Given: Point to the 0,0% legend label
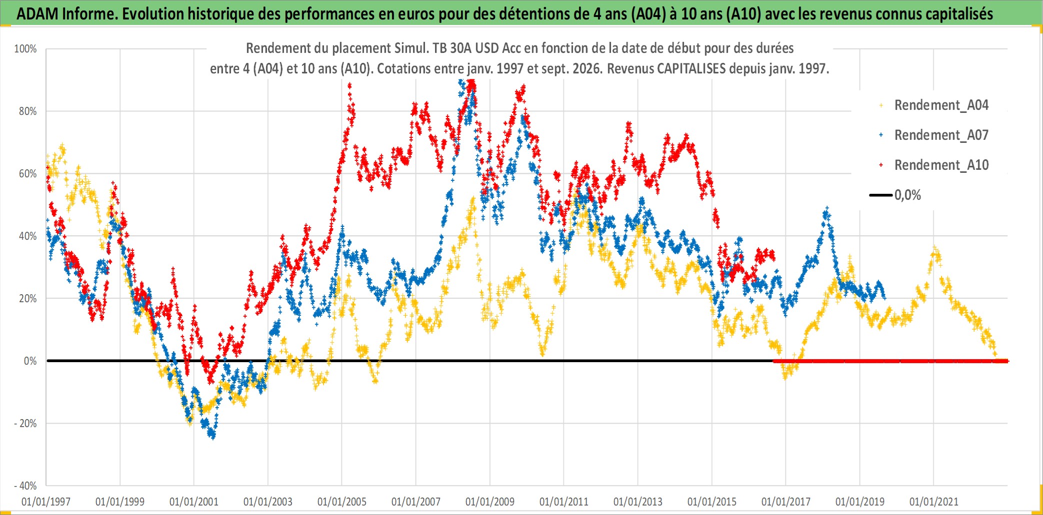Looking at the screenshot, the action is (x=907, y=195).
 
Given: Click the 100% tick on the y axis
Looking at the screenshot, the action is (x=25, y=49).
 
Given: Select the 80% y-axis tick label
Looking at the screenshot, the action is (x=27, y=111).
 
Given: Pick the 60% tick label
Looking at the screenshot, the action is (x=27, y=174).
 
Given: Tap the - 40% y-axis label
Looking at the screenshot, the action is (x=25, y=486).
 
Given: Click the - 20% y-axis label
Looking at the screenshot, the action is (x=25, y=423).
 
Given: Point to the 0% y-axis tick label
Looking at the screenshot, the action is (x=30, y=361).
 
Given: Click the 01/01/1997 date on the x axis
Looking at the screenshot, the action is (x=46, y=502).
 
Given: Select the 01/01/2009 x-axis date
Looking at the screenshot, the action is (x=490, y=502).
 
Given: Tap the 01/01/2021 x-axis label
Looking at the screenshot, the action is (x=934, y=502).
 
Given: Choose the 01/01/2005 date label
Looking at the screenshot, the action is (x=342, y=502).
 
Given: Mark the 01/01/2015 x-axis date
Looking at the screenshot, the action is (x=712, y=502).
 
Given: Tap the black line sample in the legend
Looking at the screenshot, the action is (x=881, y=195).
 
